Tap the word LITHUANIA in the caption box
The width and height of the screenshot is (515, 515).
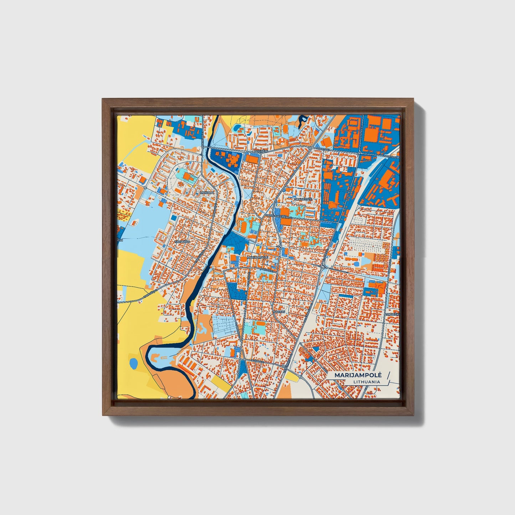[366, 382]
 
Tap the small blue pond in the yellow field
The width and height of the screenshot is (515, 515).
[133, 364]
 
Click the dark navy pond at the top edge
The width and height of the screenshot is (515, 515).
[304, 119]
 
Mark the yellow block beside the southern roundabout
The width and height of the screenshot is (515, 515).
[292, 377]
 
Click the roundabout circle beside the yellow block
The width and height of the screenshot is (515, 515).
[300, 376]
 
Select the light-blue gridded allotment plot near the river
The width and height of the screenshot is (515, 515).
[225, 325]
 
